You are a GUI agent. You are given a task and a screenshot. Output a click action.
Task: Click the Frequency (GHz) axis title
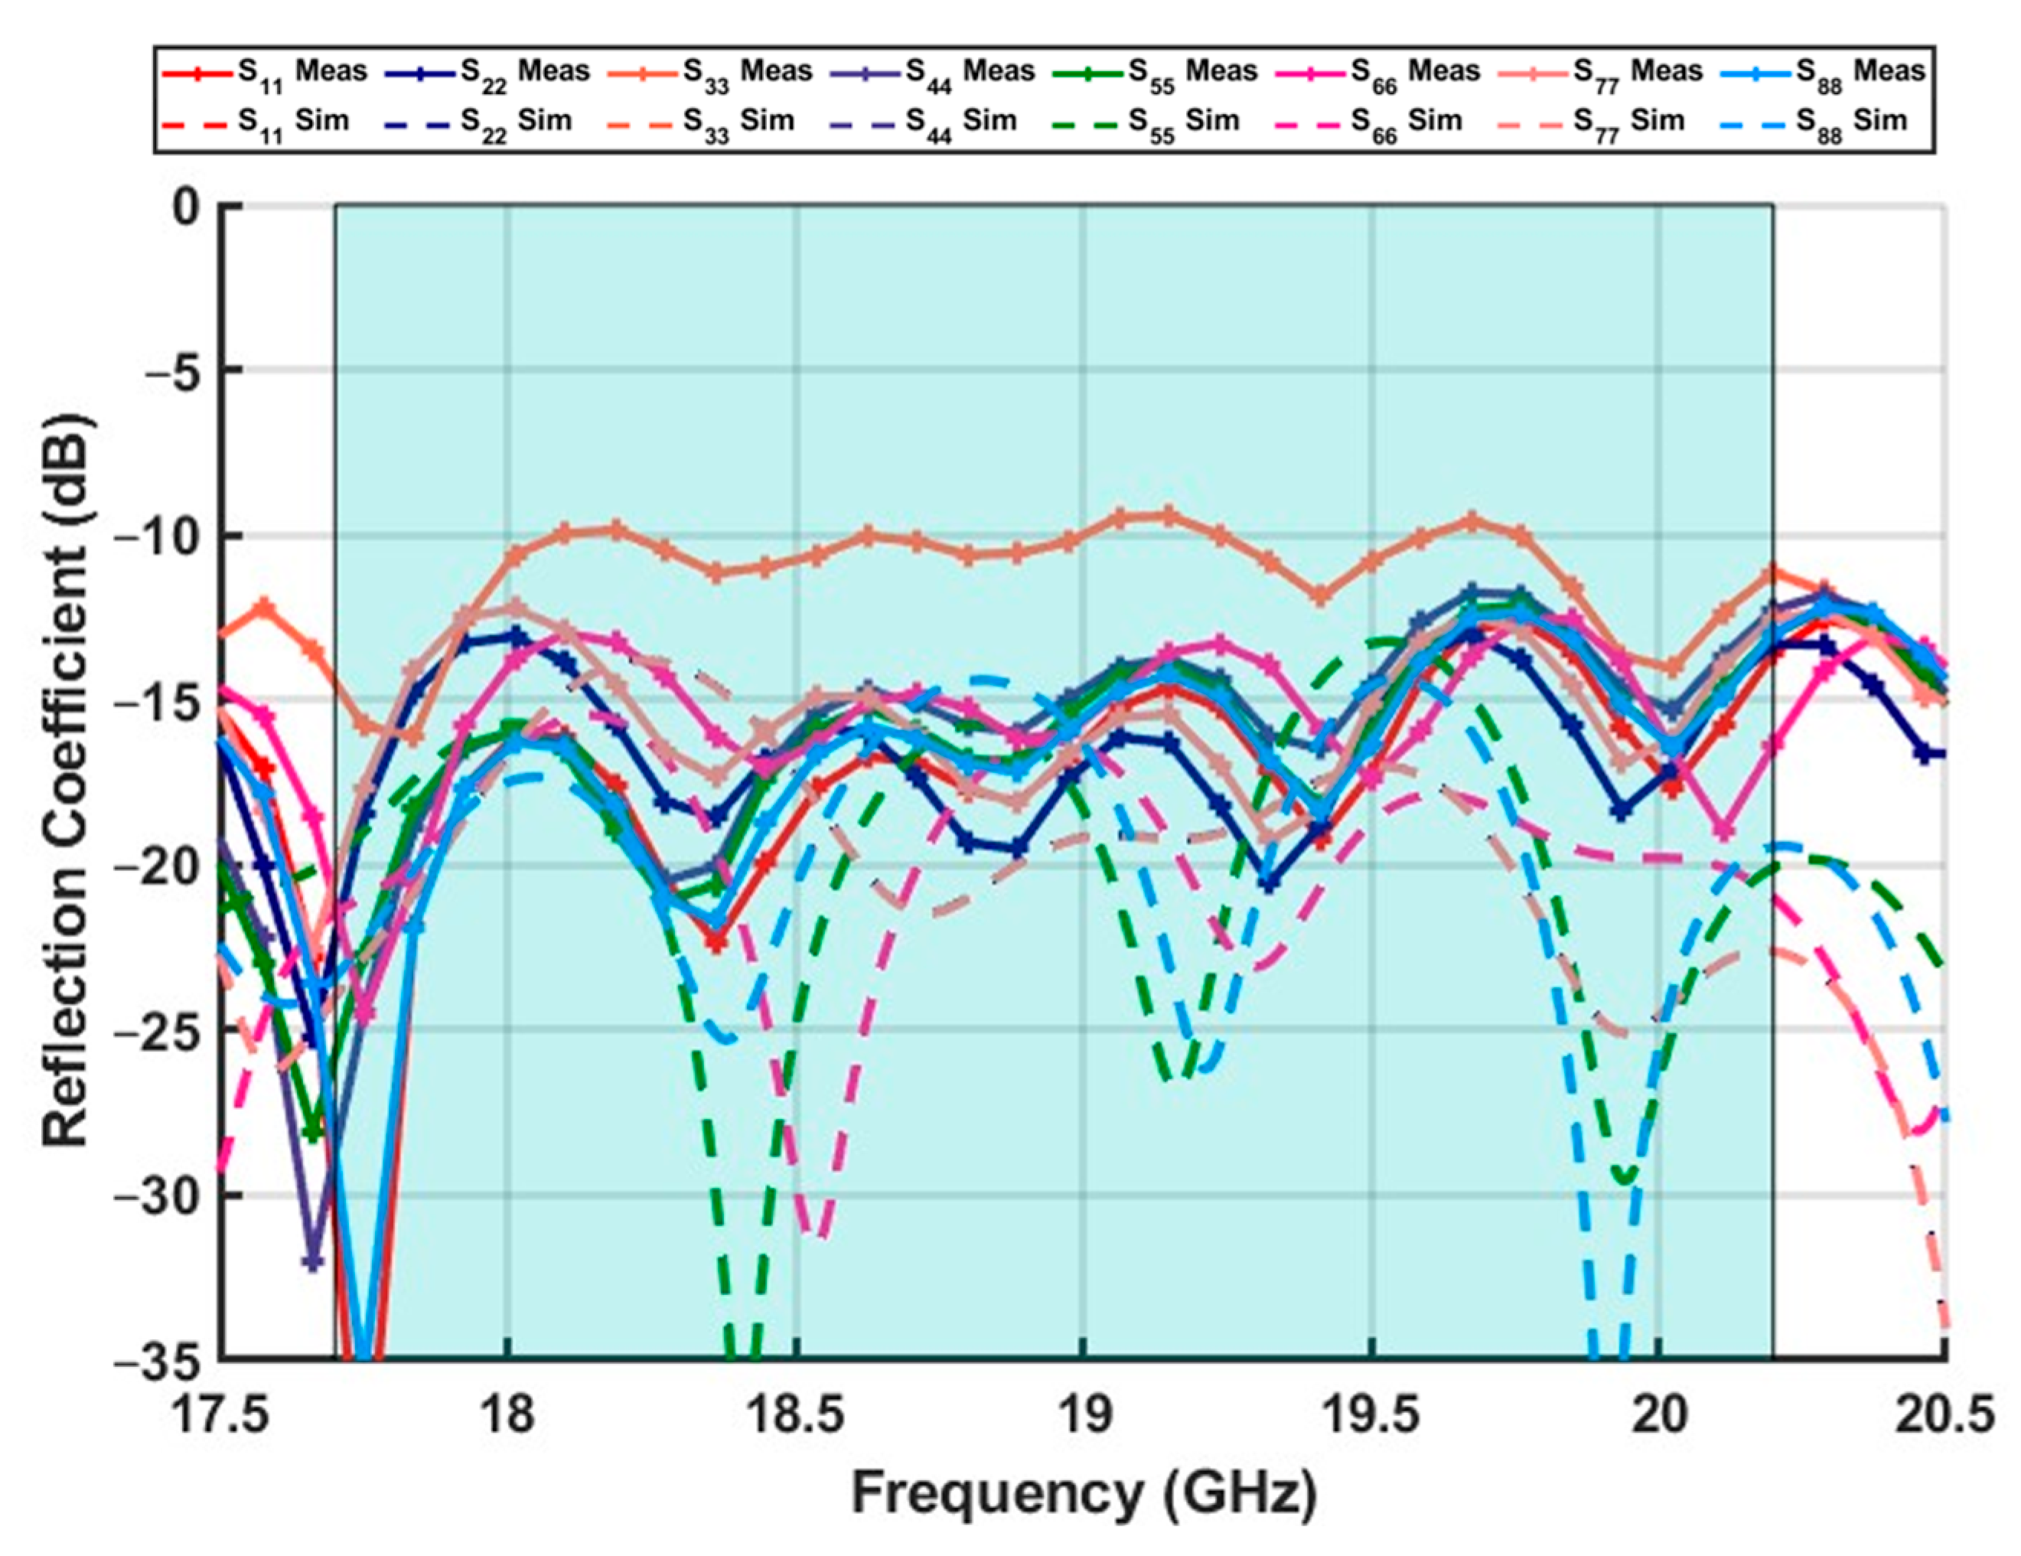click(1084, 1493)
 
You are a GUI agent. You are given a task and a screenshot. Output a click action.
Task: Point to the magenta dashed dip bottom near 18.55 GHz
click(820, 1233)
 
